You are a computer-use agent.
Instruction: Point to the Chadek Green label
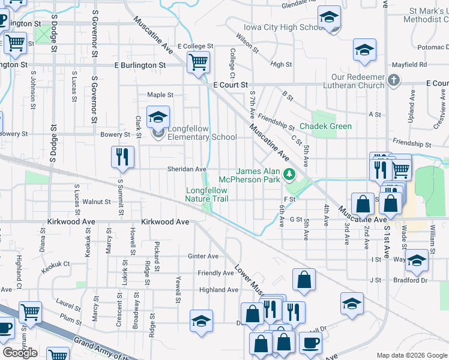tap(325, 126)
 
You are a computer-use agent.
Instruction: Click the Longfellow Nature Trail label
tap(207, 194)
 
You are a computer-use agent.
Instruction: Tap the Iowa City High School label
tap(285, 28)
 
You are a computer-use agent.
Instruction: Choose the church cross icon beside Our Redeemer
tap(394, 80)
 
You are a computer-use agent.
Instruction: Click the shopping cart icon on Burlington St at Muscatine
tap(198, 61)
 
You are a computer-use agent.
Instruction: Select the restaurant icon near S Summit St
tap(122, 157)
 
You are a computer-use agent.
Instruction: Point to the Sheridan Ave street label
tap(186, 170)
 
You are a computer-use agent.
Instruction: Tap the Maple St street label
tap(160, 95)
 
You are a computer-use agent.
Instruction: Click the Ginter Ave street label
tap(203, 256)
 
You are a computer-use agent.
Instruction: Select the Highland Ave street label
tap(218, 290)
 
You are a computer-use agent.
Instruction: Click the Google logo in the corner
tap(20, 353)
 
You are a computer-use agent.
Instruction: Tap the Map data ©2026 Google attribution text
tap(411, 355)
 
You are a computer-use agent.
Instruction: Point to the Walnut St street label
tap(97, 202)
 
